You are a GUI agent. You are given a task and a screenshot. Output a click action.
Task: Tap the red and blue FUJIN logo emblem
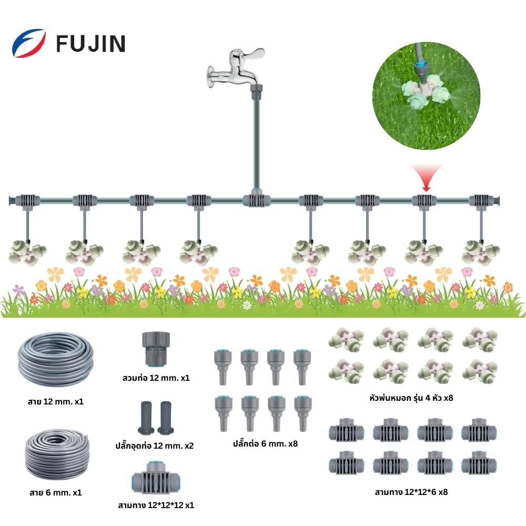[x=28, y=43]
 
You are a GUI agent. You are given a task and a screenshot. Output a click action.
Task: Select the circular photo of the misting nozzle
[x=426, y=97]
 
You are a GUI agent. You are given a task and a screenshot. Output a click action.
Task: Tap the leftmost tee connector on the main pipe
[x=27, y=200]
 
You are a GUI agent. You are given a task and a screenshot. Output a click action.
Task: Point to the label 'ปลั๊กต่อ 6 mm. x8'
[x=259, y=443]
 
